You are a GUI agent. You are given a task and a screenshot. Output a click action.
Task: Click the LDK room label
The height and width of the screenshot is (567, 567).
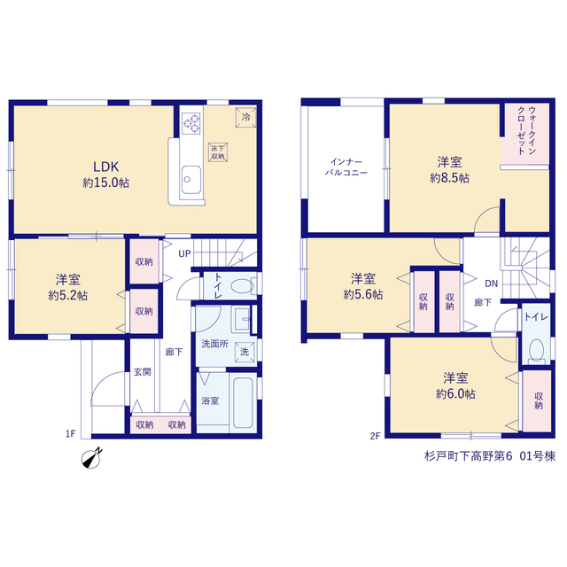105,167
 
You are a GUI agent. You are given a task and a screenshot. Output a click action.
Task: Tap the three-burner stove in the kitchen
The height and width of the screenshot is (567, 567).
191,122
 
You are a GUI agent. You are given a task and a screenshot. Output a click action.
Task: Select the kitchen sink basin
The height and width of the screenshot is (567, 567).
191,180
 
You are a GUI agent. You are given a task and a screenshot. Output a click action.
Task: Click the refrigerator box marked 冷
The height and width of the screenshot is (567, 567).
246,118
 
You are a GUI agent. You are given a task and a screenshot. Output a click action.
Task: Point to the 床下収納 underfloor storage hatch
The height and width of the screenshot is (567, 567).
218,152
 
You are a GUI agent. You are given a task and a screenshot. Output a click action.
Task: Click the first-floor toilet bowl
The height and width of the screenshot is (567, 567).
242,287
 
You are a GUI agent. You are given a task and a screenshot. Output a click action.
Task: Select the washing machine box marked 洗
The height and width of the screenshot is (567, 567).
245,352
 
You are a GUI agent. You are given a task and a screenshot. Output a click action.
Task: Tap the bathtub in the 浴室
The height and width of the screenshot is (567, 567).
243,402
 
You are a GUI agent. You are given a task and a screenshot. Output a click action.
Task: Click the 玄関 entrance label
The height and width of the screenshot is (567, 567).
142,372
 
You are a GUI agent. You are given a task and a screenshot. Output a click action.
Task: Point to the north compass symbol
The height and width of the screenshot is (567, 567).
91,459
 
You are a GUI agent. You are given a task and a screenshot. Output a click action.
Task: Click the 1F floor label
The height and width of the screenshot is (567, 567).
71,433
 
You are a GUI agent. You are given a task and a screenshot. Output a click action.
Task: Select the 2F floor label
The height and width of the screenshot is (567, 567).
375,436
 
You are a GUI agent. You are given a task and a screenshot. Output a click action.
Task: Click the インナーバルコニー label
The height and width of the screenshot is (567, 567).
346,167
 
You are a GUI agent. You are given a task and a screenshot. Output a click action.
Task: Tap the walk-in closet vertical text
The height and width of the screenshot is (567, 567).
526,130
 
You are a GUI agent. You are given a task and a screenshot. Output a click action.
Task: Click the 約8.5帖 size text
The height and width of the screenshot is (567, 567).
449,178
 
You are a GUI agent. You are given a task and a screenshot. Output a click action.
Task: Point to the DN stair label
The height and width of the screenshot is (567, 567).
491,283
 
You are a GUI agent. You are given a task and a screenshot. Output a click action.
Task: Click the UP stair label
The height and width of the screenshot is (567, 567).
184,254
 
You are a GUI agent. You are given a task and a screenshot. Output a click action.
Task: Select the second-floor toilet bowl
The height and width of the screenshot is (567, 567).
536,349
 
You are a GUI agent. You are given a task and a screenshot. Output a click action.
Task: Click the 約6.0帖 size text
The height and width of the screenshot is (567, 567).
455,393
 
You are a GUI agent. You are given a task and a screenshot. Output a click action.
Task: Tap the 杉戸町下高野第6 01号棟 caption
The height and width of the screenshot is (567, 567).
490,456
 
